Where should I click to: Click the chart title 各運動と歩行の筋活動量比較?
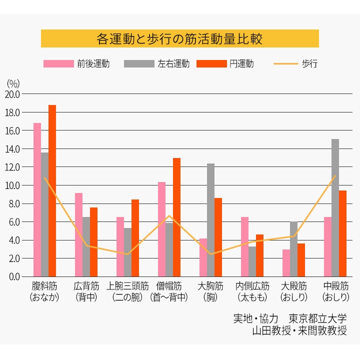click(x=179, y=39)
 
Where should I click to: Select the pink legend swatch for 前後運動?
click(x=58, y=64)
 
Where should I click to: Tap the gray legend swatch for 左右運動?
click(x=138, y=64)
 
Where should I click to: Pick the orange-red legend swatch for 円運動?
click(x=211, y=64)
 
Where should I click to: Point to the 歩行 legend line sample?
click(x=285, y=64)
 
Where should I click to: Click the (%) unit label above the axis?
click(x=13, y=83)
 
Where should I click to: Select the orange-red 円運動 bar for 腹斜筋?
click(x=52, y=190)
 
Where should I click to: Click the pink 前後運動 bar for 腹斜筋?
click(x=37, y=199)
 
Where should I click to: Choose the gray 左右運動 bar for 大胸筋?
click(x=210, y=220)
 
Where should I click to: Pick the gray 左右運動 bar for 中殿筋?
click(x=335, y=207)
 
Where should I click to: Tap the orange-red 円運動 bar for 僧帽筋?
click(x=176, y=217)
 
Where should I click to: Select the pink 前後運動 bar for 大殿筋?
click(x=286, y=263)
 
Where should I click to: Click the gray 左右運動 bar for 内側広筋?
click(x=252, y=261)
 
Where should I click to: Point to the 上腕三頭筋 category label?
click(x=127, y=286)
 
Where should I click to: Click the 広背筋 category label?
click(x=86, y=286)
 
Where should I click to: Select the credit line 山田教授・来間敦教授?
click(x=299, y=330)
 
